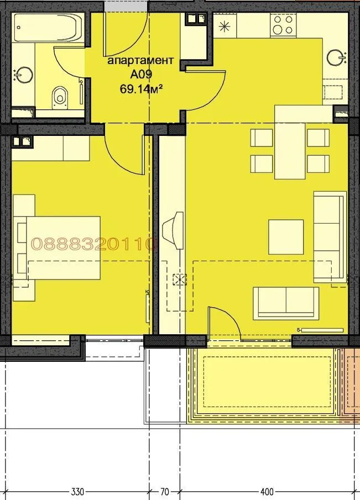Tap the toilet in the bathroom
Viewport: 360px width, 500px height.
pyautogui.click(x=60, y=96)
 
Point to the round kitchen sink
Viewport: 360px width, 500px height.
pyautogui.click(x=335, y=57)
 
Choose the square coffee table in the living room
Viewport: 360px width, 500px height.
pyautogui.click(x=286, y=236)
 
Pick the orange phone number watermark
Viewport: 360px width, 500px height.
pyautogui.click(x=94, y=244)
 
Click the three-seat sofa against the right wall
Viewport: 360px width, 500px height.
pyautogui.click(x=329, y=236)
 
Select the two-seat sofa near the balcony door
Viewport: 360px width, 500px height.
pyautogui.click(x=285, y=303)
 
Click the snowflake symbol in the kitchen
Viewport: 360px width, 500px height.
pyautogui.click(x=225, y=25)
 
